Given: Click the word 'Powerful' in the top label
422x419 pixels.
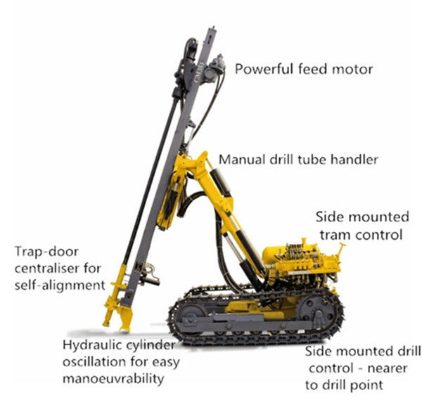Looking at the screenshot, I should click(x=261, y=70).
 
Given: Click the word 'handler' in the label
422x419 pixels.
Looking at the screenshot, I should click(x=354, y=159).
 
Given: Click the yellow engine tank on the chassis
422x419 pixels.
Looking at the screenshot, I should click(x=278, y=257).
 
